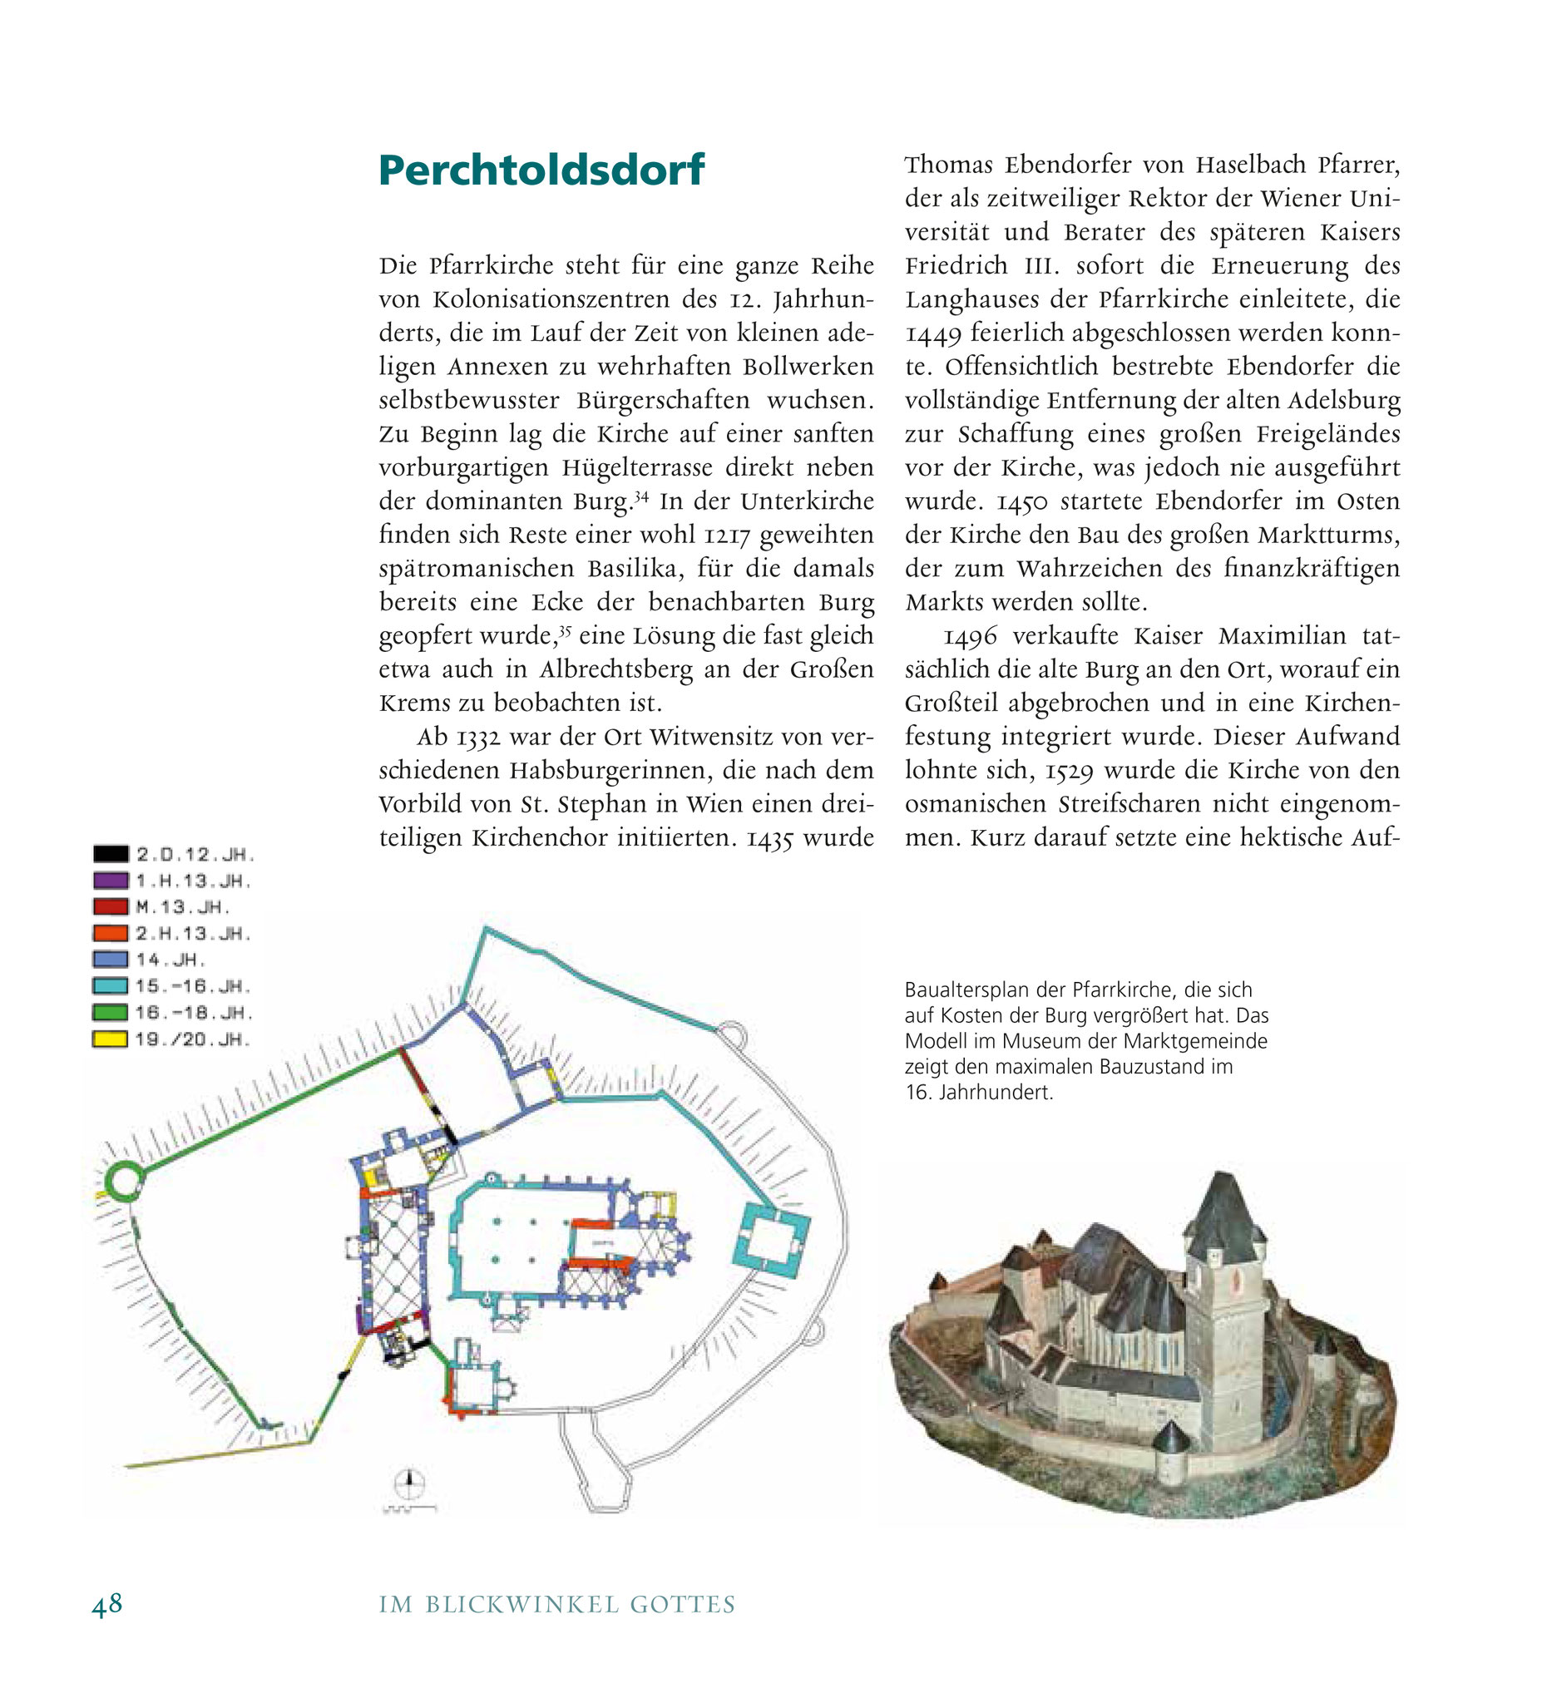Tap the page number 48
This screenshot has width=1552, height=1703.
pos(107,1603)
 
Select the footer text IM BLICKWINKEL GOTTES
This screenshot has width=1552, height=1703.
pos(556,1604)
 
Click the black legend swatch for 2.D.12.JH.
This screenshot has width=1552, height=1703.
pos(111,854)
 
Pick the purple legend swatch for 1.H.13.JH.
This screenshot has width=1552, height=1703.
pos(111,881)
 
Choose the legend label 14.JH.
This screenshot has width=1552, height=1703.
pos(171,960)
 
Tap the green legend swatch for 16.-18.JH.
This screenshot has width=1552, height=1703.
pos(111,1012)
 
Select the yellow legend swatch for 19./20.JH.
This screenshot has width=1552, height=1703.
pos(111,1039)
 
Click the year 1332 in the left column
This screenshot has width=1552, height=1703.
pos(478,738)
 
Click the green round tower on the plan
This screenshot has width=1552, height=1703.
pos(124,1180)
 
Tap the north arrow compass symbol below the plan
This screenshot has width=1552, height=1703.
pos(410,1479)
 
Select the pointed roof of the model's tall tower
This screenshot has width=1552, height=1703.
pos(1224,1211)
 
